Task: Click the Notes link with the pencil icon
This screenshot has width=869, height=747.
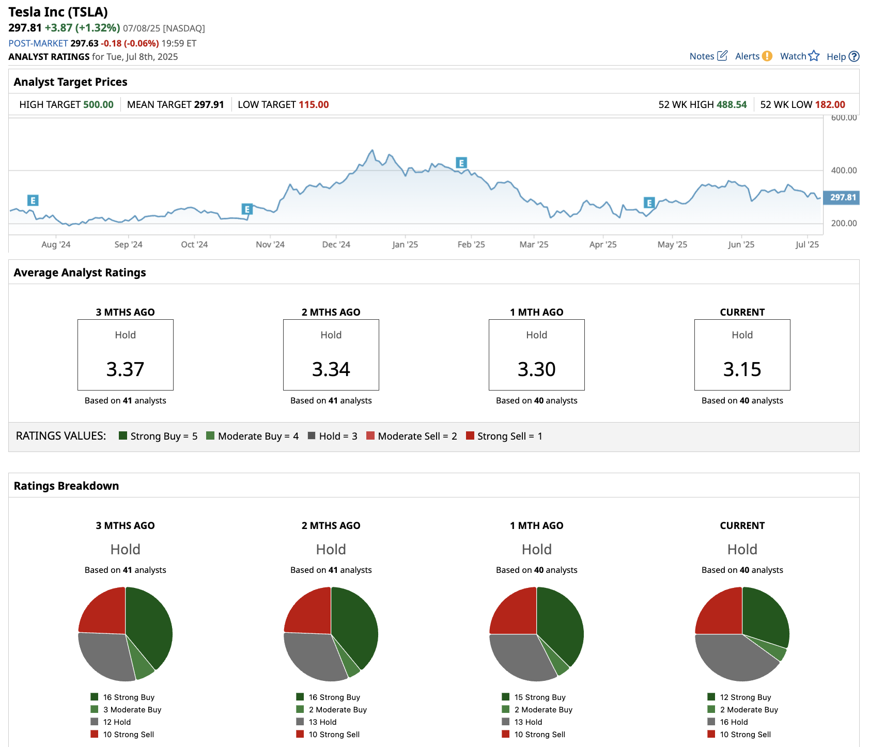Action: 708,56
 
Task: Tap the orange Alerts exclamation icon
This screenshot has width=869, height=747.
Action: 767,56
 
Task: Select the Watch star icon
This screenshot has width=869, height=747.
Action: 814,56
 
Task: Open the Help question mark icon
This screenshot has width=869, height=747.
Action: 854,57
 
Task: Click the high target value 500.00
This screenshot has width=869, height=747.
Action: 98,105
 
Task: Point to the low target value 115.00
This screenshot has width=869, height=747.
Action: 314,105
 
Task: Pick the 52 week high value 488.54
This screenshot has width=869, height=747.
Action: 732,105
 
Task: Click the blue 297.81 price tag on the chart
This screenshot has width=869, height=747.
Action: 843,197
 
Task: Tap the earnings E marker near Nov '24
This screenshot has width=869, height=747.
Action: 247,209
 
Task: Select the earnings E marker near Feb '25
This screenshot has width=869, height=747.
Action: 461,163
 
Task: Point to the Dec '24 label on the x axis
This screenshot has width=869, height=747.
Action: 336,245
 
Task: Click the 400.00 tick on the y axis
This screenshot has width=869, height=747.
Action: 844,170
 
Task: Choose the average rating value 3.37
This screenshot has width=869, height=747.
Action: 125,369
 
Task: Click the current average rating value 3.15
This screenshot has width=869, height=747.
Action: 742,369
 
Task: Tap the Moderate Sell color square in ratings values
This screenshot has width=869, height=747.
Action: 370,435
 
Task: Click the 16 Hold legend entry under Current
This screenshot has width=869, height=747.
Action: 734,722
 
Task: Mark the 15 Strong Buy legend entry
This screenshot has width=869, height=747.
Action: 539,697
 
